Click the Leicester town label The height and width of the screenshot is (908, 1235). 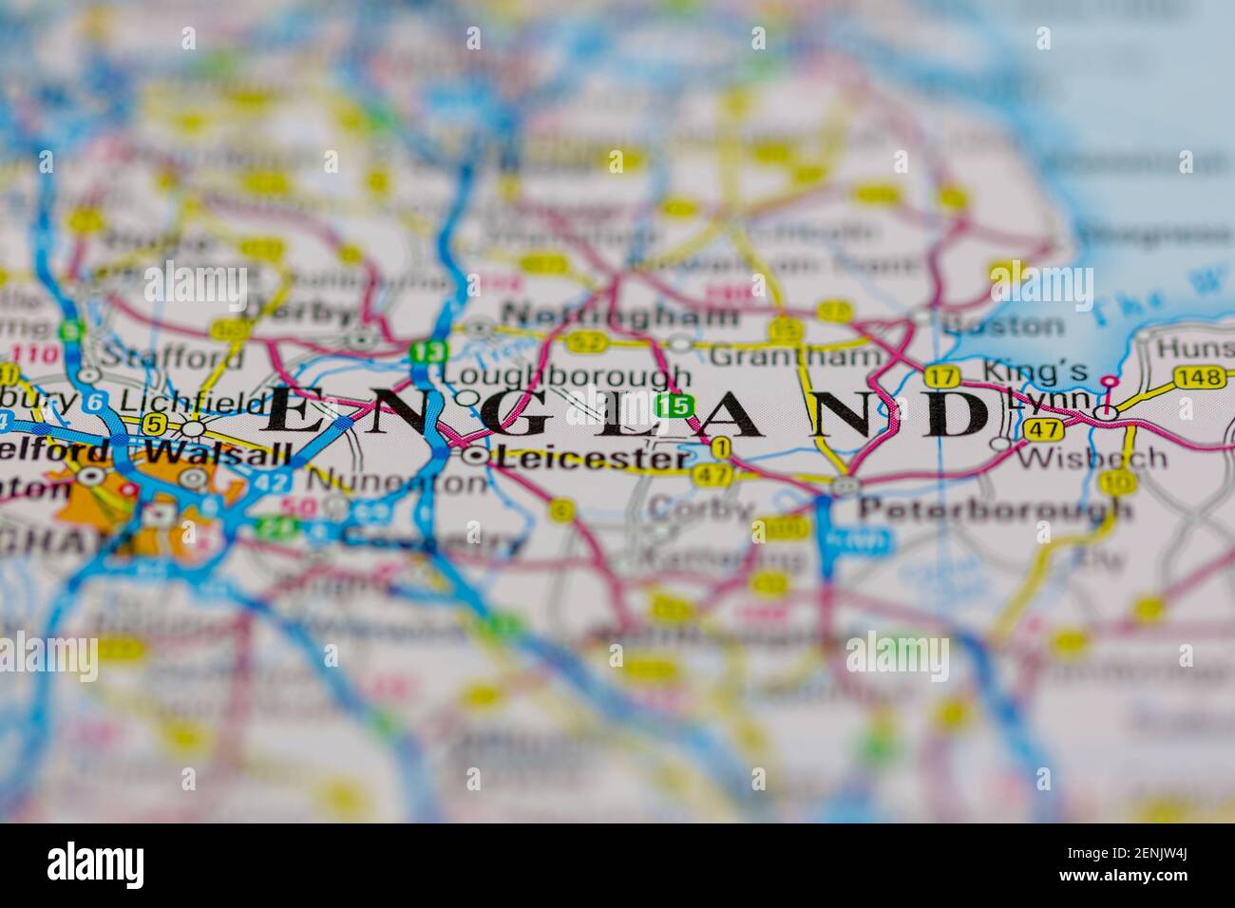click(x=593, y=458)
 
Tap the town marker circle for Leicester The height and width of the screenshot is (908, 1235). click(x=478, y=457)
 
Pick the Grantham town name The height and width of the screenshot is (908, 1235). click(x=795, y=356)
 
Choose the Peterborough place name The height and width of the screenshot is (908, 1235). click(x=995, y=509)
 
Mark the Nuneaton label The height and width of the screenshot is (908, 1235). click(x=397, y=482)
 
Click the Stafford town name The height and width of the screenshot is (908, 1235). click(x=171, y=357)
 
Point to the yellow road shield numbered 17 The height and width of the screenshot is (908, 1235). click(x=941, y=376)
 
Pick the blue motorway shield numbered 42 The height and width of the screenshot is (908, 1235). click(x=271, y=482)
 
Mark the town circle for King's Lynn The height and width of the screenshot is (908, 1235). click(x=1104, y=412)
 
